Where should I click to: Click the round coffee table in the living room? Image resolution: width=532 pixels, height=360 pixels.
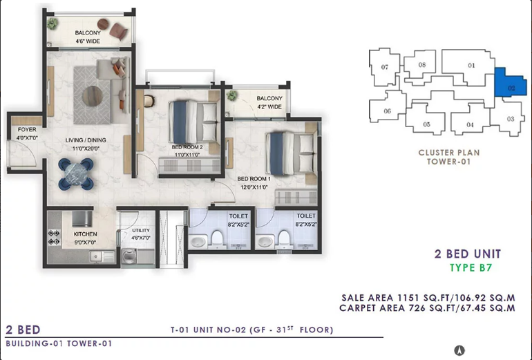point(93,95)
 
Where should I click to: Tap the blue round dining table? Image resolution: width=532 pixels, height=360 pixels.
point(76,173)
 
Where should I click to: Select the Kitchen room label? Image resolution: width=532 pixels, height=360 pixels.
point(85,234)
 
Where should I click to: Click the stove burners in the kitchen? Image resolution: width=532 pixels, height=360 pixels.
point(54,237)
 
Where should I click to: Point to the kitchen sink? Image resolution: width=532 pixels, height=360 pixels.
point(102,257)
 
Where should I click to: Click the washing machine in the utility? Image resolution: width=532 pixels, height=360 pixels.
point(129,256)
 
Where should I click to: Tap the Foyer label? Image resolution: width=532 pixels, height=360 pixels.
point(27,130)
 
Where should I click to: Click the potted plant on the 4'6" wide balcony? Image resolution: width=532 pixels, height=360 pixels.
point(53,23)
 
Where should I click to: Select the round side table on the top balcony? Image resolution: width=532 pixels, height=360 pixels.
point(103,24)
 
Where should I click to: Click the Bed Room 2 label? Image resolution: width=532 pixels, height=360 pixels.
point(187,147)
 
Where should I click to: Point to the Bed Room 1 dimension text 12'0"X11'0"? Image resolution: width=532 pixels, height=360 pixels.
point(254,187)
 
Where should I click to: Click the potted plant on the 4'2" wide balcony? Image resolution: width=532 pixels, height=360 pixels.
point(232,95)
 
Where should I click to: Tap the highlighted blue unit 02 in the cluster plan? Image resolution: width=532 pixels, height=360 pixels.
point(511,83)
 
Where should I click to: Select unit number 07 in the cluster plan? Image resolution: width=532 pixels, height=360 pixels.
point(384,67)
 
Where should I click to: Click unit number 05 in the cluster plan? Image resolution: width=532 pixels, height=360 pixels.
point(426,124)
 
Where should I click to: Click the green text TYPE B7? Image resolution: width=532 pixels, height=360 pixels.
point(471,267)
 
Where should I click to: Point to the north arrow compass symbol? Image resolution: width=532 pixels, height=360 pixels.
point(459,350)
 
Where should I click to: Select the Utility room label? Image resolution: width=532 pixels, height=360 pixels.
point(141,230)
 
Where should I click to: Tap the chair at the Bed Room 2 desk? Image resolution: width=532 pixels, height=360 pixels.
point(149,101)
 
